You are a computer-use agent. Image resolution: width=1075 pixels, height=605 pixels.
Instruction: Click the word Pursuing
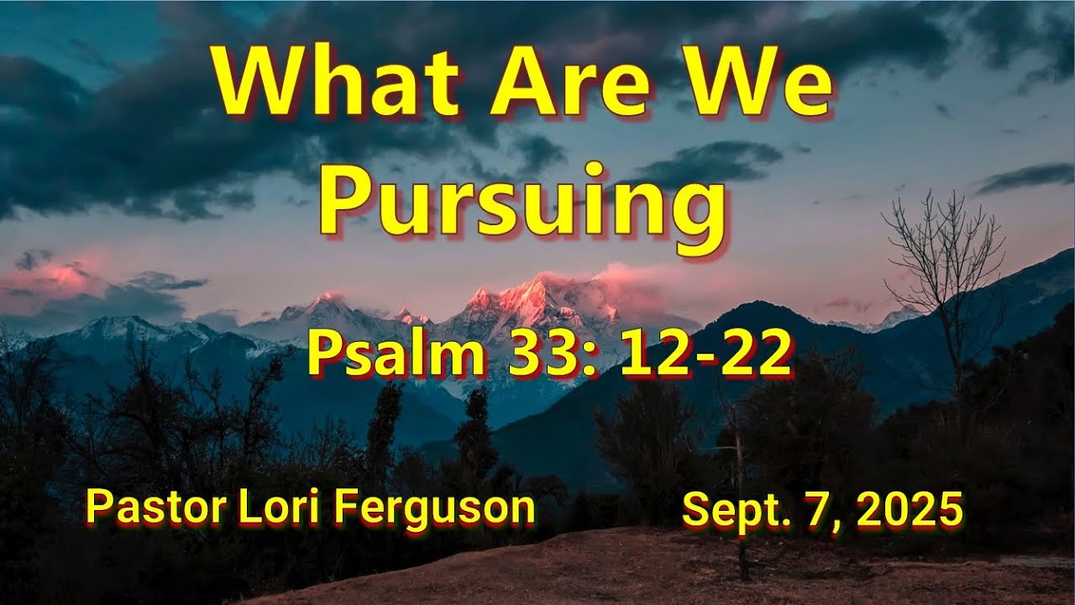(522, 206)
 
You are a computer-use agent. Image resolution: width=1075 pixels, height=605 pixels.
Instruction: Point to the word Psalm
(396, 353)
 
